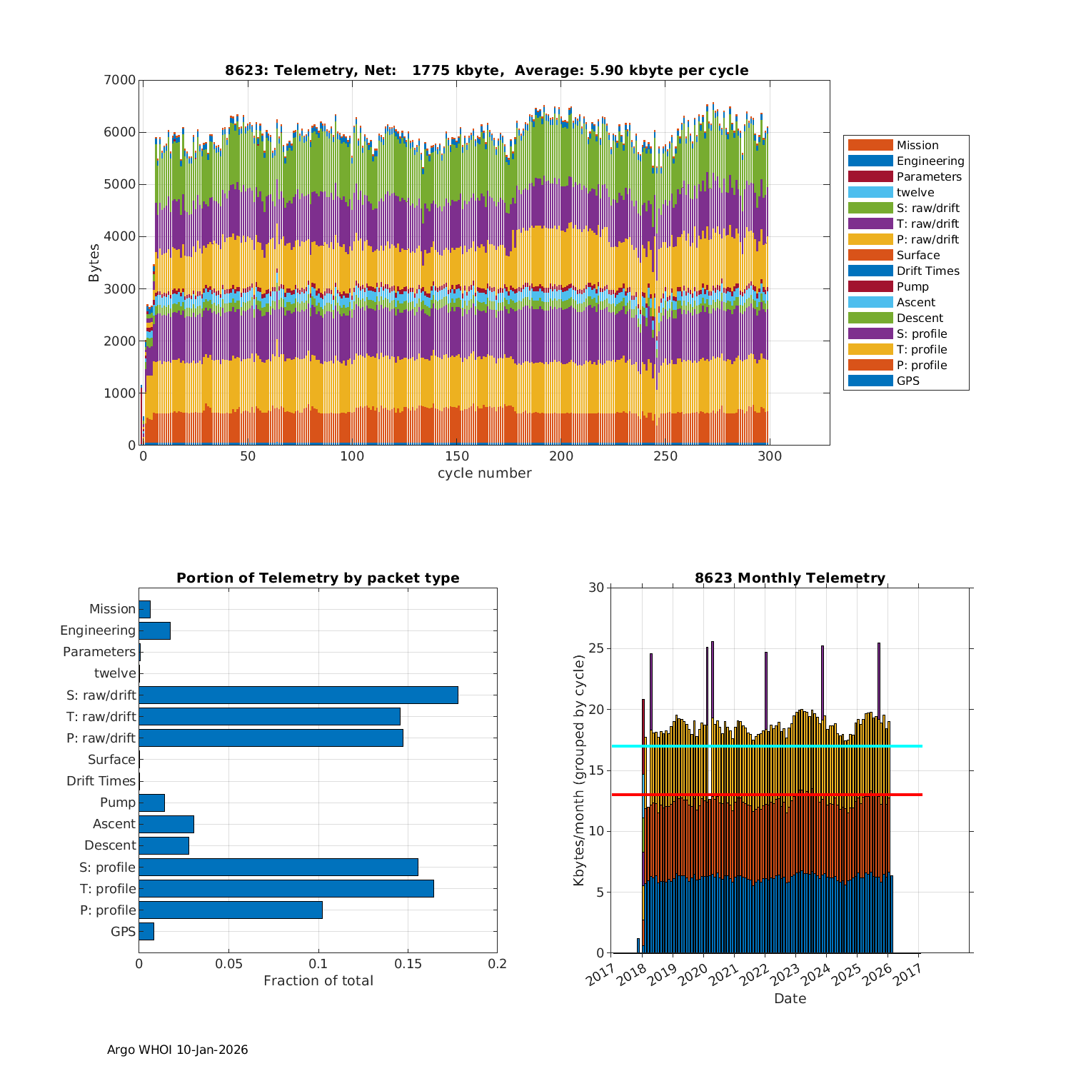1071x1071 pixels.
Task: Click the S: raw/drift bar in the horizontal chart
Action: click(x=298, y=695)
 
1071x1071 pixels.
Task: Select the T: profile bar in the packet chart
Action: click(x=286, y=888)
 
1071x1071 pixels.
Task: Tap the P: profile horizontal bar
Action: click(x=230, y=910)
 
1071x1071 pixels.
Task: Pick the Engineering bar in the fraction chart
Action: click(x=154, y=630)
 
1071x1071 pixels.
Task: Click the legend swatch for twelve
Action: click(x=870, y=192)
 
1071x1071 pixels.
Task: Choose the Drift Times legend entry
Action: click(x=927, y=271)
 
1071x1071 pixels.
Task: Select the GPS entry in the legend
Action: click(x=907, y=381)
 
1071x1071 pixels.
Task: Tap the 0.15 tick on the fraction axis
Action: click(x=408, y=964)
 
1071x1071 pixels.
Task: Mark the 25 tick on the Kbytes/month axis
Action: click(x=596, y=649)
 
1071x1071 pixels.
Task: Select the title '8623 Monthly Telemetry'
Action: click(x=790, y=578)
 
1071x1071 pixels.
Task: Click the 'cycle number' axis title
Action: click(x=484, y=473)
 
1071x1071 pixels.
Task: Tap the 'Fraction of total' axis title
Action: click(x=318, y=981)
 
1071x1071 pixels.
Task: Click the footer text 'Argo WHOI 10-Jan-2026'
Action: click(x=177, y=1050)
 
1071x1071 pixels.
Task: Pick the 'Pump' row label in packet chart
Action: click(x=118, y=803)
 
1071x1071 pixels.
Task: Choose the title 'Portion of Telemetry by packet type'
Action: click(x=318, y=578)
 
